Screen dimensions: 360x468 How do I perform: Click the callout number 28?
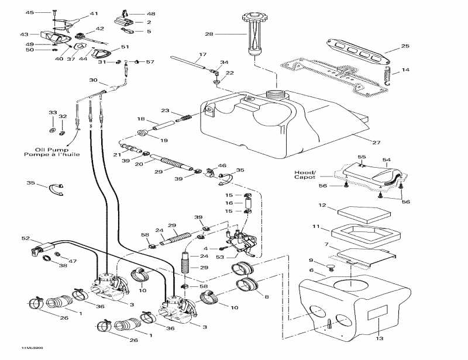209,34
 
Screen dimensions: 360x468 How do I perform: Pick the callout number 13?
380,338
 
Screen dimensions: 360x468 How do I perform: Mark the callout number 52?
25,238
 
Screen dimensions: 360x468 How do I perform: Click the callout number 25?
405,46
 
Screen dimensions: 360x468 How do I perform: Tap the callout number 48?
151,13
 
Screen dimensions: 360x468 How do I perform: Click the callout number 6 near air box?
312,271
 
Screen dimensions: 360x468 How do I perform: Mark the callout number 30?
93,80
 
